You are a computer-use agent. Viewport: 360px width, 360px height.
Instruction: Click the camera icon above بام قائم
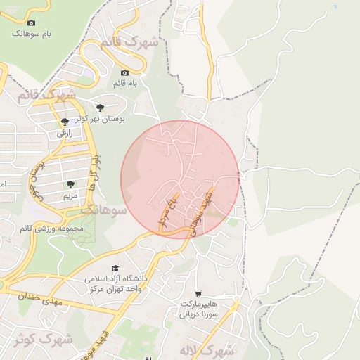[x=124, y=73]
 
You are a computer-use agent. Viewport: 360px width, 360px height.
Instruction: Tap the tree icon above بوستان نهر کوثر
[x=101, y=108]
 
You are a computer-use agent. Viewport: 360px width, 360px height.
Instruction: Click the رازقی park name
[x=65, y=132]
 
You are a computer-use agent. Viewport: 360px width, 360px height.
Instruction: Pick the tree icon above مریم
[x=70, y=184]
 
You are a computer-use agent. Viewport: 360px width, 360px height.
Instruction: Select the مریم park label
[x=70, y=195]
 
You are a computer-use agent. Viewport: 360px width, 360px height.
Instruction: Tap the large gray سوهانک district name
[x=104, y=210]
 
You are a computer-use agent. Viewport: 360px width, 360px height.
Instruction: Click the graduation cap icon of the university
[x=115, y=268]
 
